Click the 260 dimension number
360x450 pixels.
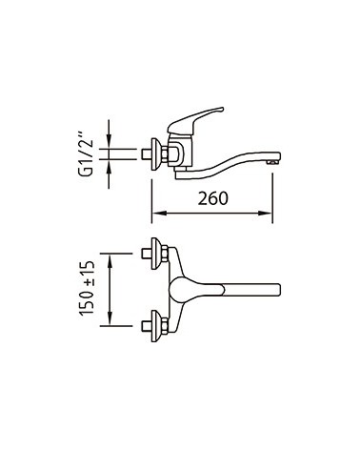(x=213, y=198)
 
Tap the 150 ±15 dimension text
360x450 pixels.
(x=88, y=288)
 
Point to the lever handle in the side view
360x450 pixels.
(x=195, y=120)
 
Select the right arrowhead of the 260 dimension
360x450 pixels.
(x=265, y=214)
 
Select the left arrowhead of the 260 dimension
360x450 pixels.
(x=159, y=214)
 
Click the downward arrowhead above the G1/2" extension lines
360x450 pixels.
(x=109, y=141)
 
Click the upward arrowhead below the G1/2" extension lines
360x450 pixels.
(x=109, y=167)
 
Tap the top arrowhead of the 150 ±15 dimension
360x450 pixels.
(x=110, y=261)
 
